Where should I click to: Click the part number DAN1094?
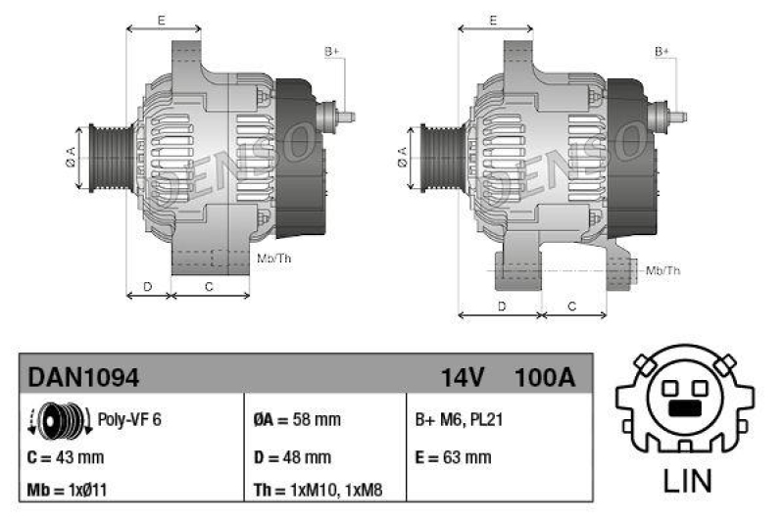coord(83,376)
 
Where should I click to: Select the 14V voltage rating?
coord(464,376)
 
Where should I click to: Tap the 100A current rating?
coord(544,376)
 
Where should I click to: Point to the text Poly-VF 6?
coord(129,420)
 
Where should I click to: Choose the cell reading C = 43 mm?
coord(66,456)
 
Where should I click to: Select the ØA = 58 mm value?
coord(296,420)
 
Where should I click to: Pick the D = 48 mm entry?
coord(293,456)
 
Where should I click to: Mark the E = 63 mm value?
coord(453,456)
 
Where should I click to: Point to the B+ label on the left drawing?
coord(331,50)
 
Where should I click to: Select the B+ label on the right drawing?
coord(662,50)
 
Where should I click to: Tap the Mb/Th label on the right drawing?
coord(664,270)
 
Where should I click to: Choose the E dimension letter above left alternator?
coord(162,20)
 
